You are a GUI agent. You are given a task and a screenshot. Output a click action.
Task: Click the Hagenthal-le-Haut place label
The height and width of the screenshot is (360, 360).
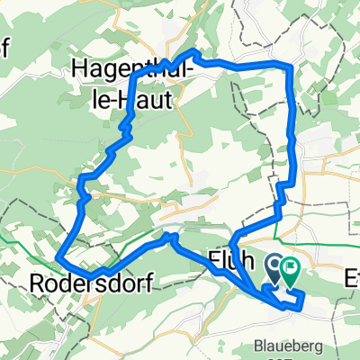(x=122, y=80)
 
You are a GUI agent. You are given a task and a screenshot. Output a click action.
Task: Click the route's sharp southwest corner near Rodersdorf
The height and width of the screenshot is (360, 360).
(x=58, y=258)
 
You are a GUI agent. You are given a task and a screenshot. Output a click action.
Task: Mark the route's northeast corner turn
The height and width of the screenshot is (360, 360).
(x=291, y=67)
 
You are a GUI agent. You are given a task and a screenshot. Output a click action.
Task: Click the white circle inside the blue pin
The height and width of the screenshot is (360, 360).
(x=274, y=264)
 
